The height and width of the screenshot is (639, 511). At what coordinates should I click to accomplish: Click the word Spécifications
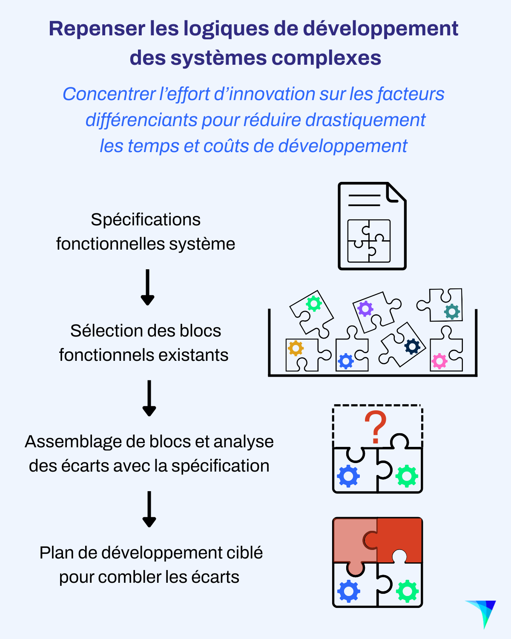point(146,220)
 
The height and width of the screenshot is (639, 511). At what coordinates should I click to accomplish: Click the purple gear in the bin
point(365,308)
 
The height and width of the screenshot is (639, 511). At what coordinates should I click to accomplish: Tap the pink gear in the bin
point(439,361)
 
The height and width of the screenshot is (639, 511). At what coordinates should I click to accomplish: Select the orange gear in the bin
point(296,348)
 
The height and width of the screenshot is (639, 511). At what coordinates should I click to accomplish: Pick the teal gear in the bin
point(452,311)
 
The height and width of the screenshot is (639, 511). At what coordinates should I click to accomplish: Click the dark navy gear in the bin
point(412,346)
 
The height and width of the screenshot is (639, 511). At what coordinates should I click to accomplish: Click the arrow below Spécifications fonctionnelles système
point(147,287)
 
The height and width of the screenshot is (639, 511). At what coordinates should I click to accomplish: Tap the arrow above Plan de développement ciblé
point(149,509)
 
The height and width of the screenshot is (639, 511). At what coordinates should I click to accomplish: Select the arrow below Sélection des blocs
point(149,398)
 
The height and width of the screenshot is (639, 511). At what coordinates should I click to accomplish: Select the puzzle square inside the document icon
point(369,241)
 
